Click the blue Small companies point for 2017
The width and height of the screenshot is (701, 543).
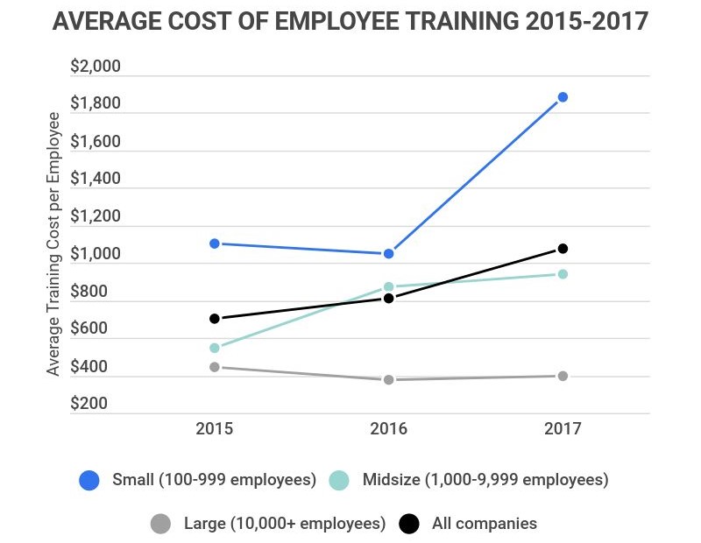tap(563, 97)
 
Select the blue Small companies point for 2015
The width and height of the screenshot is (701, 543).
tap(215, 243)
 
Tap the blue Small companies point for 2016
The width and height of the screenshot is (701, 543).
tap(388, 254)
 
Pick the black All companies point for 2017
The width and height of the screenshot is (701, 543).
tap(563, 249)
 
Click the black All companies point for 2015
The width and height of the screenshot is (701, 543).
tap(215, 319)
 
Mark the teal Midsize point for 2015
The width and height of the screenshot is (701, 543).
tap(215, 348)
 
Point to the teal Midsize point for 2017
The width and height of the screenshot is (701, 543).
tap(563, 274)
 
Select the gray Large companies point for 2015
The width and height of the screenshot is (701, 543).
tap(215, 367)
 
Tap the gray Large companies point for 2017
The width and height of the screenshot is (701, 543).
tap(563, 376)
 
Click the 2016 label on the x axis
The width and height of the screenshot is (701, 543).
tap(388, 430)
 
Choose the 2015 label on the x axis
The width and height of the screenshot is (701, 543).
tap(215, 430)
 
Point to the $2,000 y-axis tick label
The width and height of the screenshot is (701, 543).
tap(96, 67)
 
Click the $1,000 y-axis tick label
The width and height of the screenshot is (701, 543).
tap(96, 255)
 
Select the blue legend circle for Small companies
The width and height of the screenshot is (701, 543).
tap(89, 480)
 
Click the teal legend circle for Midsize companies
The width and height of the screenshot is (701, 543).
tap(339, 480)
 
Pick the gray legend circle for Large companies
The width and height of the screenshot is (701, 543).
tap(160, 524)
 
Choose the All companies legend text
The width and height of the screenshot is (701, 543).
tap(484, 524)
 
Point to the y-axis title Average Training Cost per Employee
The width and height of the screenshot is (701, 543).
tap(53, 244)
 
